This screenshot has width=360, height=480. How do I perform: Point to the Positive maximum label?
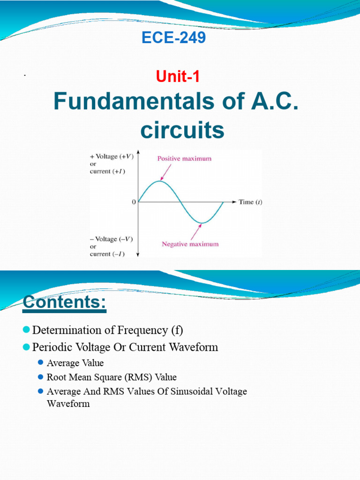pos(184,158)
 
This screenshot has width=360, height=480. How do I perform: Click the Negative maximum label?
pos(190,244)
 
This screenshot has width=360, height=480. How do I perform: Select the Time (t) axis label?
pos(251,202)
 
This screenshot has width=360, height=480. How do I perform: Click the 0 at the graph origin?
pos(134,202)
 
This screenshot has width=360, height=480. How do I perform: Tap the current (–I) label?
pos(107,254)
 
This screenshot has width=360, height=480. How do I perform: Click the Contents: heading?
pos(65,302)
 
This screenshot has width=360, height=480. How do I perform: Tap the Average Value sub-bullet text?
pos(75,363)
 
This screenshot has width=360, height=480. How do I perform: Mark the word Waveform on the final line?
pos(68,403)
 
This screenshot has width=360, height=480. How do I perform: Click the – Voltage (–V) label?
pos(111,239)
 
